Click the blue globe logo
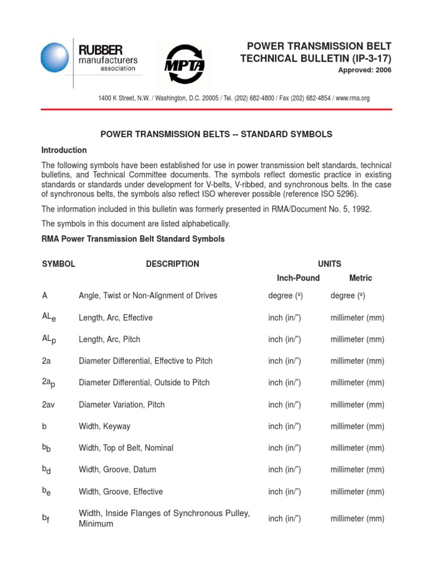tap(55, 58)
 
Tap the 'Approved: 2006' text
tap(364, 70)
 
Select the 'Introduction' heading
tap(64, 150)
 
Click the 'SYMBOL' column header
tap(59, 264)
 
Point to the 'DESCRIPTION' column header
tap(173, 264)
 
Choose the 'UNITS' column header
tap(329, 264)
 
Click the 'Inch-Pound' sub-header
tap(298, 278)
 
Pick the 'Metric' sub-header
tap(361, 278)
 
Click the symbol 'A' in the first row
tap(45, 295)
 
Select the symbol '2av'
tap(49, 405)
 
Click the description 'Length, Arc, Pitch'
tap(109, 339)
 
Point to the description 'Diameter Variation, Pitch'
tap(122, 405)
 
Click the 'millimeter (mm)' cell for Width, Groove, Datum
tap(357, 469)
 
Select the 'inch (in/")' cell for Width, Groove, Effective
tap(285, 492)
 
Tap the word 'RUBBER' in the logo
tap(100, 50)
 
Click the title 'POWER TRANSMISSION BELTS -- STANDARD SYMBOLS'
tap(216, 134)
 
